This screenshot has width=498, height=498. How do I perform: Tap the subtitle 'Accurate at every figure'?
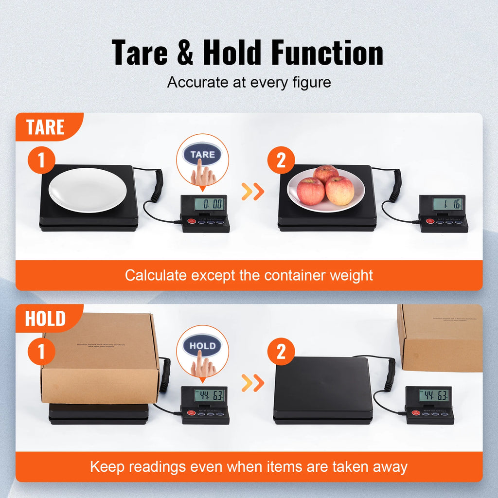(x=249, y=82)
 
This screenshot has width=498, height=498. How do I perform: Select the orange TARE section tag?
(x=45, y=127)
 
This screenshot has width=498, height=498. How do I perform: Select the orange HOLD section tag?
(x=45, y=319)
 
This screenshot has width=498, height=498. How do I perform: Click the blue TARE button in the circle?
(x=202, y=155)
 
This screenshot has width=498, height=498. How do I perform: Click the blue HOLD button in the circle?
(x=202, y=346)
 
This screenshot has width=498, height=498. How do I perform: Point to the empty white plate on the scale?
(x=88, y=190)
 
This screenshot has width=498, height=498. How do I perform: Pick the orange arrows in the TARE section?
(x=253, y=192)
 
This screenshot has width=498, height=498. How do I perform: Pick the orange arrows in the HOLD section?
(x=253, y=383)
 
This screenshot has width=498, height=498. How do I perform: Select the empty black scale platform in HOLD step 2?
(x=323, y=387)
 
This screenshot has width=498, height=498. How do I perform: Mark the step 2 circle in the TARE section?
(x=281, y=160)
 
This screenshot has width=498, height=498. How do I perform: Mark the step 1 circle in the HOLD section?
(x=41, y=351)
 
